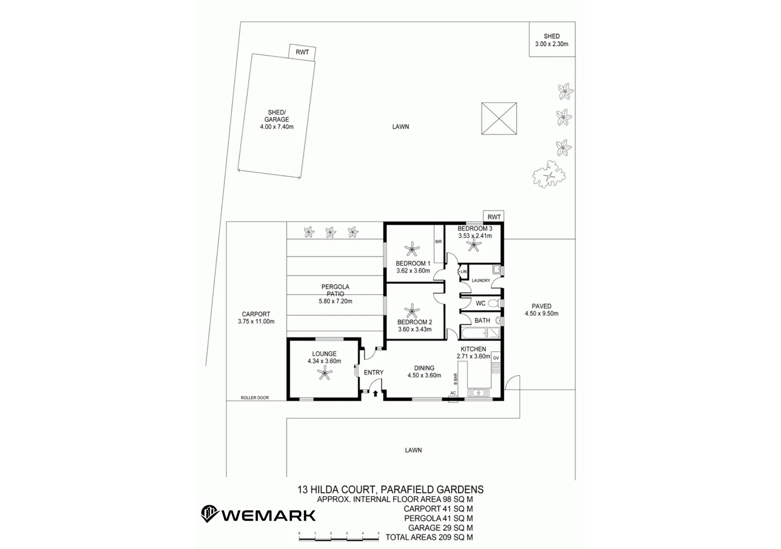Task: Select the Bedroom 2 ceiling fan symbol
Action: tap(411, 310)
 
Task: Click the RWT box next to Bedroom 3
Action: tap(494, 217)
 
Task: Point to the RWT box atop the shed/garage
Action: tap(302, 52)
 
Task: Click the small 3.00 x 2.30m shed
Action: tap(552, 40)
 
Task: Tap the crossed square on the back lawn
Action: tap(499, 118)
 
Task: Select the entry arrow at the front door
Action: tap(375, 393)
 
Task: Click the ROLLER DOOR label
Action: tap(255, 398)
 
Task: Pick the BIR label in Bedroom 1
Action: tap(438, 242)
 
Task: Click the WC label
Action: tap(480, 303)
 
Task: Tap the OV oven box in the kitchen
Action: tap(496, 358)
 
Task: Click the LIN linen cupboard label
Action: tap(463, 272)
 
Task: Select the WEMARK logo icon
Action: tap(209, 514)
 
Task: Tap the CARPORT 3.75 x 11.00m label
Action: tap(256, 318)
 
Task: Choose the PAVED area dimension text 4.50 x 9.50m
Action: tap(542, 314)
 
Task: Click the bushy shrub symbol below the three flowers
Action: tap(549, 174)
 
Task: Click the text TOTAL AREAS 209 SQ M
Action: tap(429, 537)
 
